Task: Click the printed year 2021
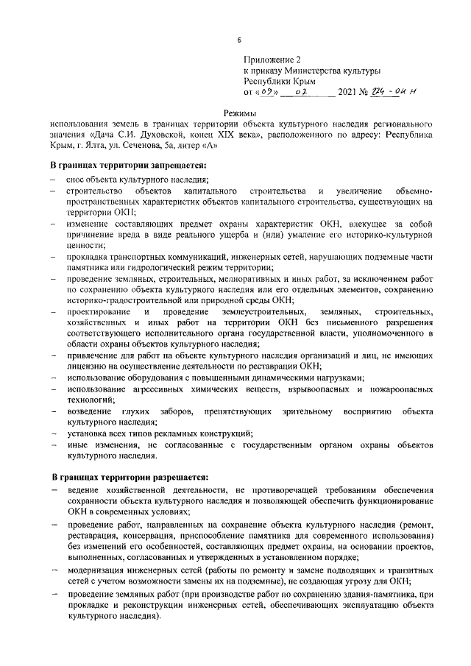[347, 93]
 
